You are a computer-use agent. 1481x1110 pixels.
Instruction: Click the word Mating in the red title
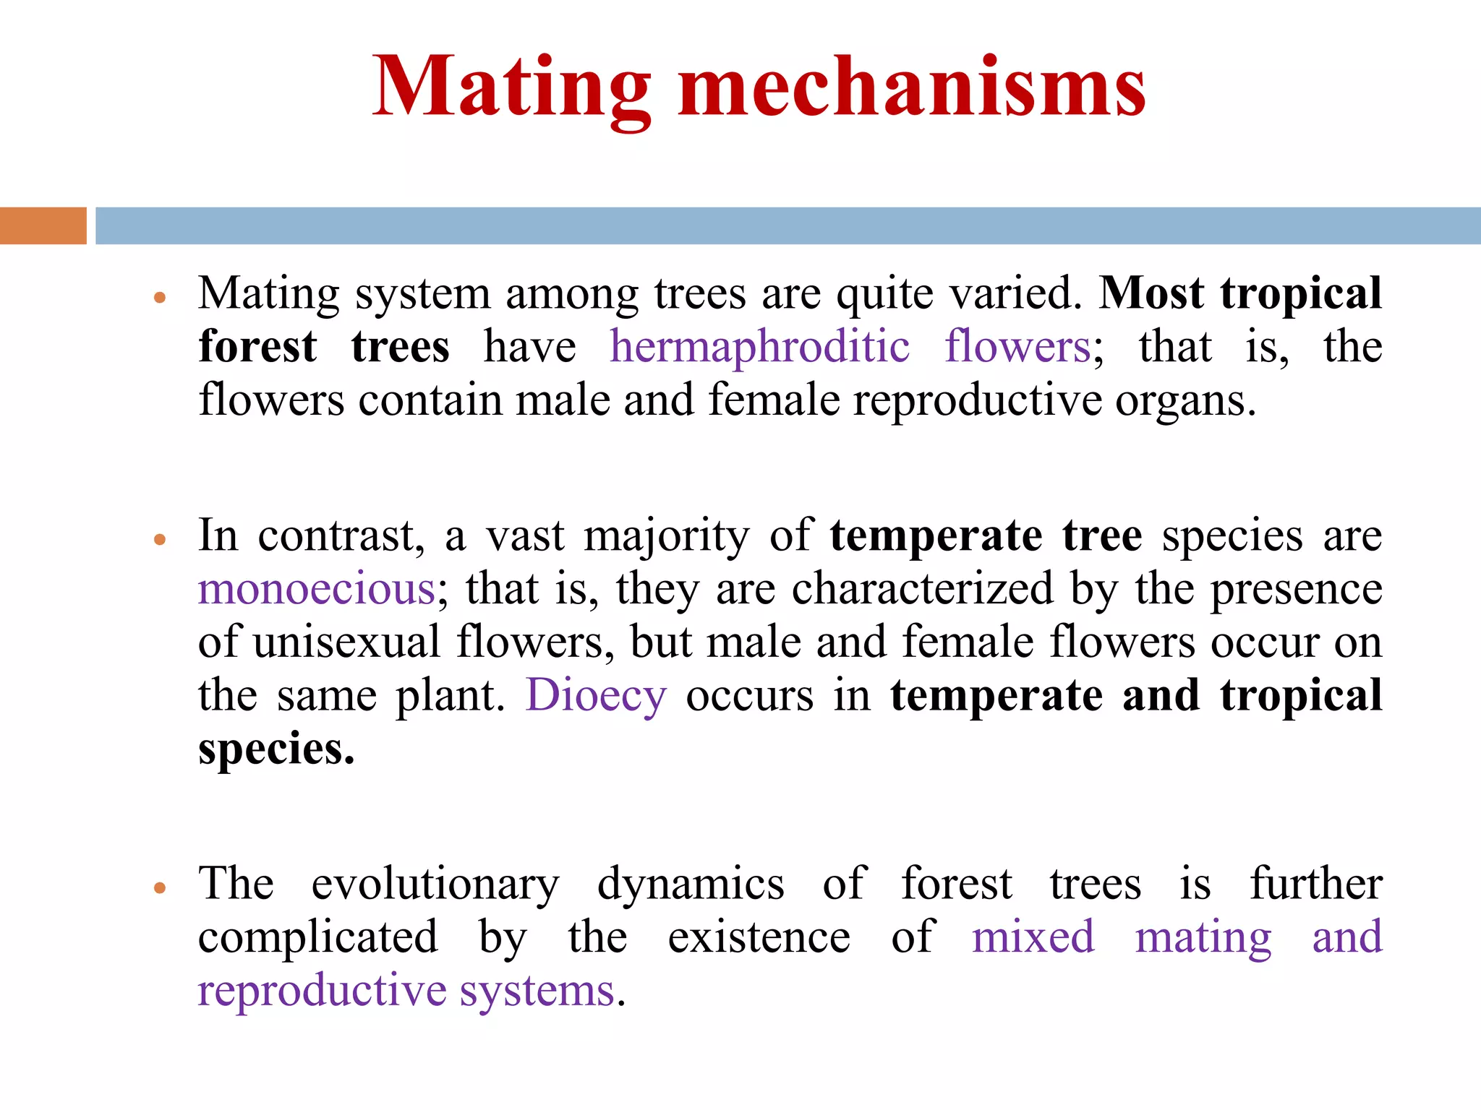pos(511,88)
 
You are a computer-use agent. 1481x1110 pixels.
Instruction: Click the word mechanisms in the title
pos(912,88)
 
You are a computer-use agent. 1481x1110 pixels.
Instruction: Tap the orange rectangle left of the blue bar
pos(43,225)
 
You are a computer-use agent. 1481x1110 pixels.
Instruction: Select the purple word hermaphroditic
pos(759,347)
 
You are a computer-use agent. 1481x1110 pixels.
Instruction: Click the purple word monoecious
pos(317,589)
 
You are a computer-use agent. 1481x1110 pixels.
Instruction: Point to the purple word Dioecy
pos(596,695)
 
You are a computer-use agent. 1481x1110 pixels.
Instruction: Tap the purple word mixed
pos(1033,937)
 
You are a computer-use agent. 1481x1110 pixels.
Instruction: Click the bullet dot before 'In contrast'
pos(161,539)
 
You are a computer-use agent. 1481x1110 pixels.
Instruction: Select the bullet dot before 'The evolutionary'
pos(161,887)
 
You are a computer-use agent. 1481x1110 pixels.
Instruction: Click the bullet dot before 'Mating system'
pos(161,297)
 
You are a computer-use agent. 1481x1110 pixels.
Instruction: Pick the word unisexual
pos(346,642)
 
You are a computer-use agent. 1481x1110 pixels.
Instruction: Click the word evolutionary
pos(435,884)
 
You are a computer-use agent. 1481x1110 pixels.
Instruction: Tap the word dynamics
pos(691,885)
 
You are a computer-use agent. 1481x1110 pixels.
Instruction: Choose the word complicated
pos(318,937)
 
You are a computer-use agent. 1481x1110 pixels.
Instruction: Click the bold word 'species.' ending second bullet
pos(276,749)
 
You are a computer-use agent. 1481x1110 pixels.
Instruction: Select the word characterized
pos(922,589)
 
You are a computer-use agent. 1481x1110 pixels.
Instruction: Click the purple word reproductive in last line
pos(322,991)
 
